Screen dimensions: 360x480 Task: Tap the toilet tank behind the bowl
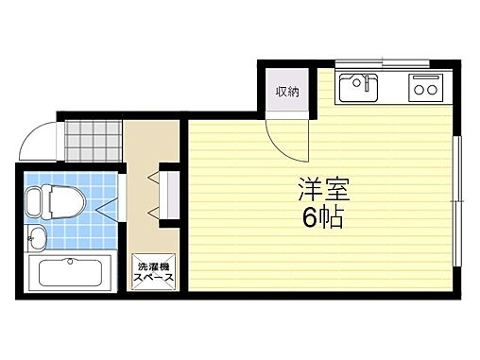(x=34, y=200)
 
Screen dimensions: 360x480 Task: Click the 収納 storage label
(x=286, y=92)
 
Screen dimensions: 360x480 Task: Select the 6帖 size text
(x=323, y=219)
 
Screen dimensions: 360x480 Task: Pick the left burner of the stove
(x=417, y=91)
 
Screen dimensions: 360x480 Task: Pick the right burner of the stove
(x=431, y=91)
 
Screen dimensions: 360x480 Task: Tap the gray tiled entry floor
(x=95, y=141)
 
